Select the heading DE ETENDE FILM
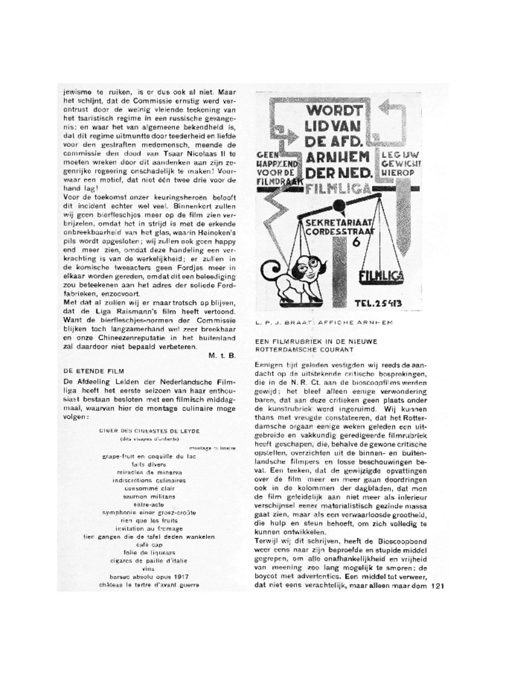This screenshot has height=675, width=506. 94,371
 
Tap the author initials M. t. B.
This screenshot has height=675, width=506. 222,356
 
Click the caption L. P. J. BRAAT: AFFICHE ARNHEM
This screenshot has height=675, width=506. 324,322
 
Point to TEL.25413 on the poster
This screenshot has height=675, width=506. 378,303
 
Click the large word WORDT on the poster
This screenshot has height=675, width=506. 329,110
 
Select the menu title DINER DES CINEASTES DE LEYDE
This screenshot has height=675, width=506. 149,431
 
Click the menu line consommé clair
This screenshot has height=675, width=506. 149,488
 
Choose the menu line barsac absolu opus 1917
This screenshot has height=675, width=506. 149,576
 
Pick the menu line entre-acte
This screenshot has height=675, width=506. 149,505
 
